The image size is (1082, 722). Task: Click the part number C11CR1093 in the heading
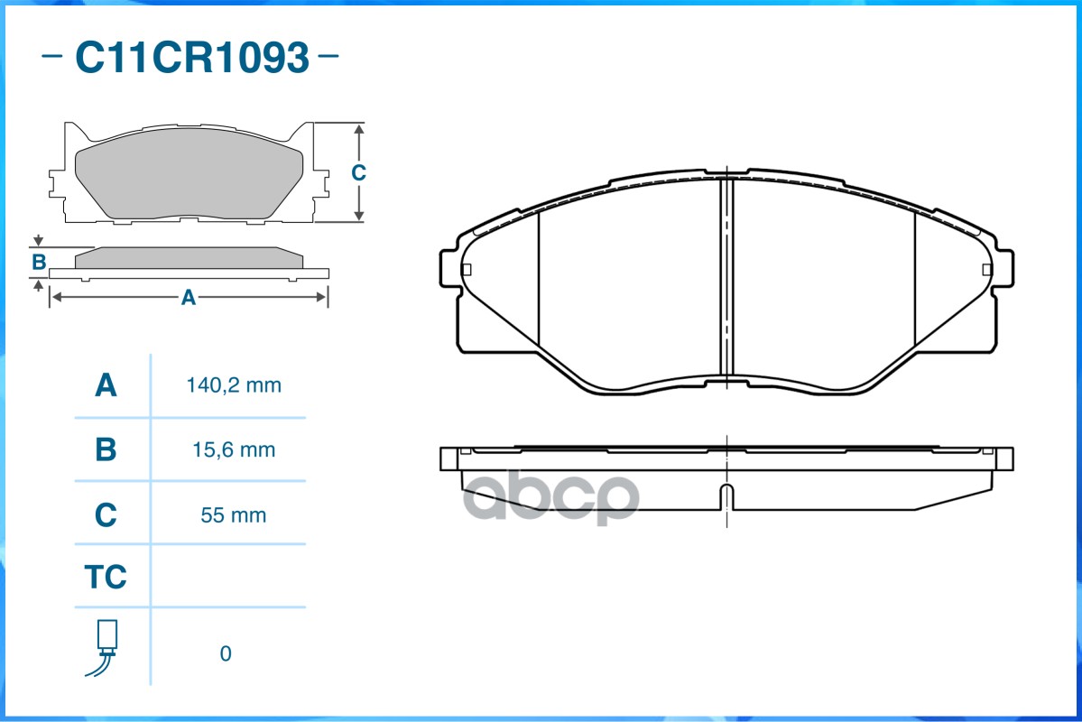pyautogui.click(x=191, y=59)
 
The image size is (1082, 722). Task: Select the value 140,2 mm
pyautogui.click(x=234, y=385)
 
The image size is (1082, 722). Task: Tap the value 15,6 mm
pyautogui.click(x=234, y=449)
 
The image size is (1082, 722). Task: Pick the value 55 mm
pyautogui.click(x=234, y=515)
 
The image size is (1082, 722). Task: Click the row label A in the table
pyautogui.click(x=106, y=385)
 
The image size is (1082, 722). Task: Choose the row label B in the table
pyautogui.click(x=106, y=449)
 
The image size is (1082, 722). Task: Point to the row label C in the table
pyautogui.click(x=106, y=515)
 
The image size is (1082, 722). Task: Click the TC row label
pyautogui.click(x=106, y=577)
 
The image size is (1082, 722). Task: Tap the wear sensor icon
pyautogui.click(x=106, y=647)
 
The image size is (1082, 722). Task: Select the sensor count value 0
pyautogui.click(x=226, y=653)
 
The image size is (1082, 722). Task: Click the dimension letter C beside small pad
pyautogui.click(x=358, y=172)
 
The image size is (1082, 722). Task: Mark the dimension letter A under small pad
pyautogui.click(x=188, y=297)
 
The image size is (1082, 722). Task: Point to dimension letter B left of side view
pyautogui.click(x=39, y=263)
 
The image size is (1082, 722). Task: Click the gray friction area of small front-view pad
pyautogui.click(x=190, y=180)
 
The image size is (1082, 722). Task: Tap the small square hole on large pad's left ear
pyautogui.click(x=467, y=269)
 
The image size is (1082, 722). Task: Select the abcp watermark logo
pyautogui.click(x=551, y=497)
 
